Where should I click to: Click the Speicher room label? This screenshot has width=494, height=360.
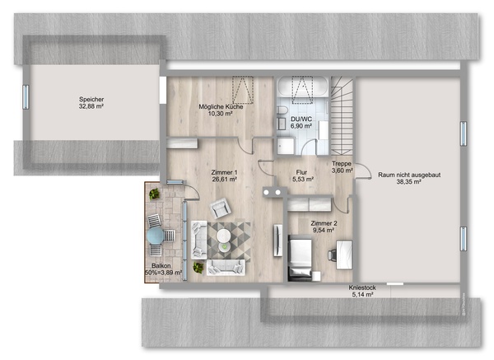(91, 100)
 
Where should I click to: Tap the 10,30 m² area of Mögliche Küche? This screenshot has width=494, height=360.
(220, 114)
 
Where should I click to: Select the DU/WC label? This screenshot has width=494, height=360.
(301, 119)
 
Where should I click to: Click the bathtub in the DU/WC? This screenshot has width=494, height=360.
(302, 86)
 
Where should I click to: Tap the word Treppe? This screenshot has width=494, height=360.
(342, 164)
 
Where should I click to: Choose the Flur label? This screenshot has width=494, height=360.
(301, 172)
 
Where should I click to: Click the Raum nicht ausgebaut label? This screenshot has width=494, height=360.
(409, 175)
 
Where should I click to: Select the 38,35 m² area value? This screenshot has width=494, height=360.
(408, 182)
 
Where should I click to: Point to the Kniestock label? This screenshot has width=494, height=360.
(362, 288)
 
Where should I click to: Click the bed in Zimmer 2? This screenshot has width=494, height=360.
(301, 258)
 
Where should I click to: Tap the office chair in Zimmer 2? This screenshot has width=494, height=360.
(332, 255)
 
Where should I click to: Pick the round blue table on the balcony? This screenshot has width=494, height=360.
(156, 236)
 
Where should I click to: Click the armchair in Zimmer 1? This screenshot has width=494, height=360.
(221, 208)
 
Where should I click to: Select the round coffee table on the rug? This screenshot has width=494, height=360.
(223, 235)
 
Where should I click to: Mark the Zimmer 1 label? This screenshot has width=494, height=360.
(224, 172)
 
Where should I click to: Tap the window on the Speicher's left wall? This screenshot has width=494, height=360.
(26, 96)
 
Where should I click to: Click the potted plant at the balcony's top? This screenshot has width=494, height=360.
(155, 194)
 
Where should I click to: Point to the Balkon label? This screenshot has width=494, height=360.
(161, 266)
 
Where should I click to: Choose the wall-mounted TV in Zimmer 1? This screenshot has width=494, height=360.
(277, 241)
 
